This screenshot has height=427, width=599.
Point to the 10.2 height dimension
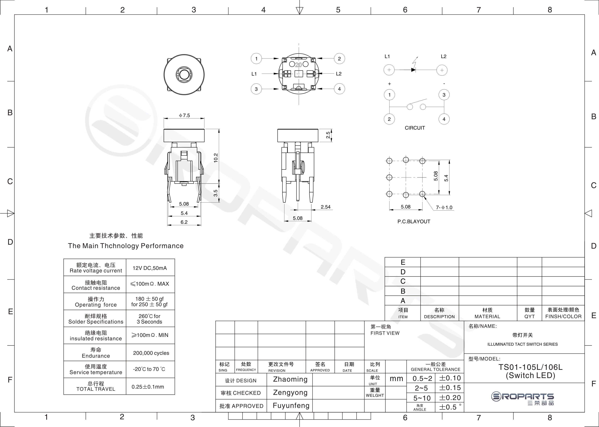pyautogui.click(x=216, y=158)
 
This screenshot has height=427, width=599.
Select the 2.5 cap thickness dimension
pyautogui.click(x=328, y=135)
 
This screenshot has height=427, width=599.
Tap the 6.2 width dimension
pyautogui.click(x=184, y=222)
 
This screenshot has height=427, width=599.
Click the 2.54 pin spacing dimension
pyautogui.click(x=326, y=207)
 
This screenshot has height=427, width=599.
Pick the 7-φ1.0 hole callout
pyautogui.click(x=444, y=208)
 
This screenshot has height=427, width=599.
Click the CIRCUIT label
pyautogui.click(x=415, y=128)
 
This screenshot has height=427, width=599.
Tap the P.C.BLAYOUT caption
pyautogui.click(x=414, y=222)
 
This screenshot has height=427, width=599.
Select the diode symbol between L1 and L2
pyautogui.click(x=413, y=70)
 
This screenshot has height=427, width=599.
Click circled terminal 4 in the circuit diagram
pyautogui.click(x=444, y=119)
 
